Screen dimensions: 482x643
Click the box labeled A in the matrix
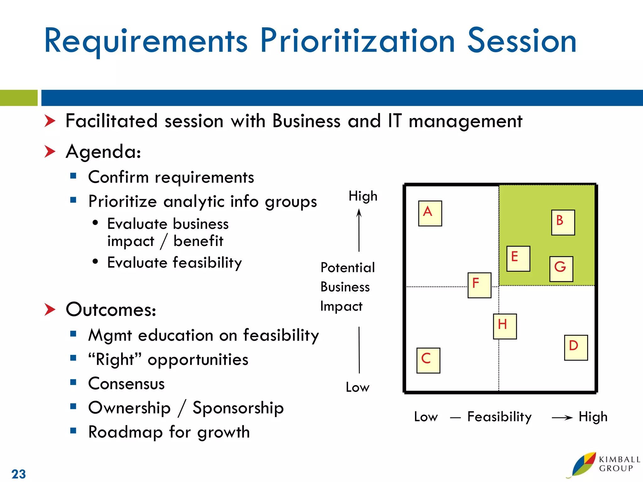430,213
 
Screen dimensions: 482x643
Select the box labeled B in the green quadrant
563,222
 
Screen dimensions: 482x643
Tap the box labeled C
428,360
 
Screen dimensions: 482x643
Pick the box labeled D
576,347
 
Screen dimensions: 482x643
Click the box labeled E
518,259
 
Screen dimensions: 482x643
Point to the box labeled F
479,285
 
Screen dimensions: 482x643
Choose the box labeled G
561,269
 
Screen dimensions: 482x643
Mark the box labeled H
505,326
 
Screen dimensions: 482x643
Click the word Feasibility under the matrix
499,417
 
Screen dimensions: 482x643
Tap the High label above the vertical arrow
363,196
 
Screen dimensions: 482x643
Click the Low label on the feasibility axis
425,417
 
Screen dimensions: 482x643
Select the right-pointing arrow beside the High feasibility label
562,417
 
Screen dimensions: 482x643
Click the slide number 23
19,474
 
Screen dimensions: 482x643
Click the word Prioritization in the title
357,41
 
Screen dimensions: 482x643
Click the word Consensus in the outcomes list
126,383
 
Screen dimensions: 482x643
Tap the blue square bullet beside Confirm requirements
73,176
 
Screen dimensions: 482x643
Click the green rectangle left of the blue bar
19,98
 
